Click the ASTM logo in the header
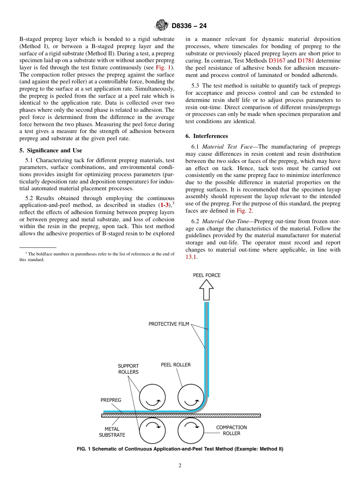[162, 26]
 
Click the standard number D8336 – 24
[189, 26]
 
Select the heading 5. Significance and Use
[51, 150]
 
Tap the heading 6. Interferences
[207, 136]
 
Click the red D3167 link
[277, 61]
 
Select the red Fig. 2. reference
[245, 211]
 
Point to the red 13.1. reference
[191, 257]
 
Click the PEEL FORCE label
[207, 275]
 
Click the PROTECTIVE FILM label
[169, 324]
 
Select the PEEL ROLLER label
[176, 365]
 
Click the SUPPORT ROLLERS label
[128, 369]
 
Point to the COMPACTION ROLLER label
[231, 430]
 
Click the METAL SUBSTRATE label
[112, 432]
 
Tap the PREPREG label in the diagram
[111, 400]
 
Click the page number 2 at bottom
[180, 466]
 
